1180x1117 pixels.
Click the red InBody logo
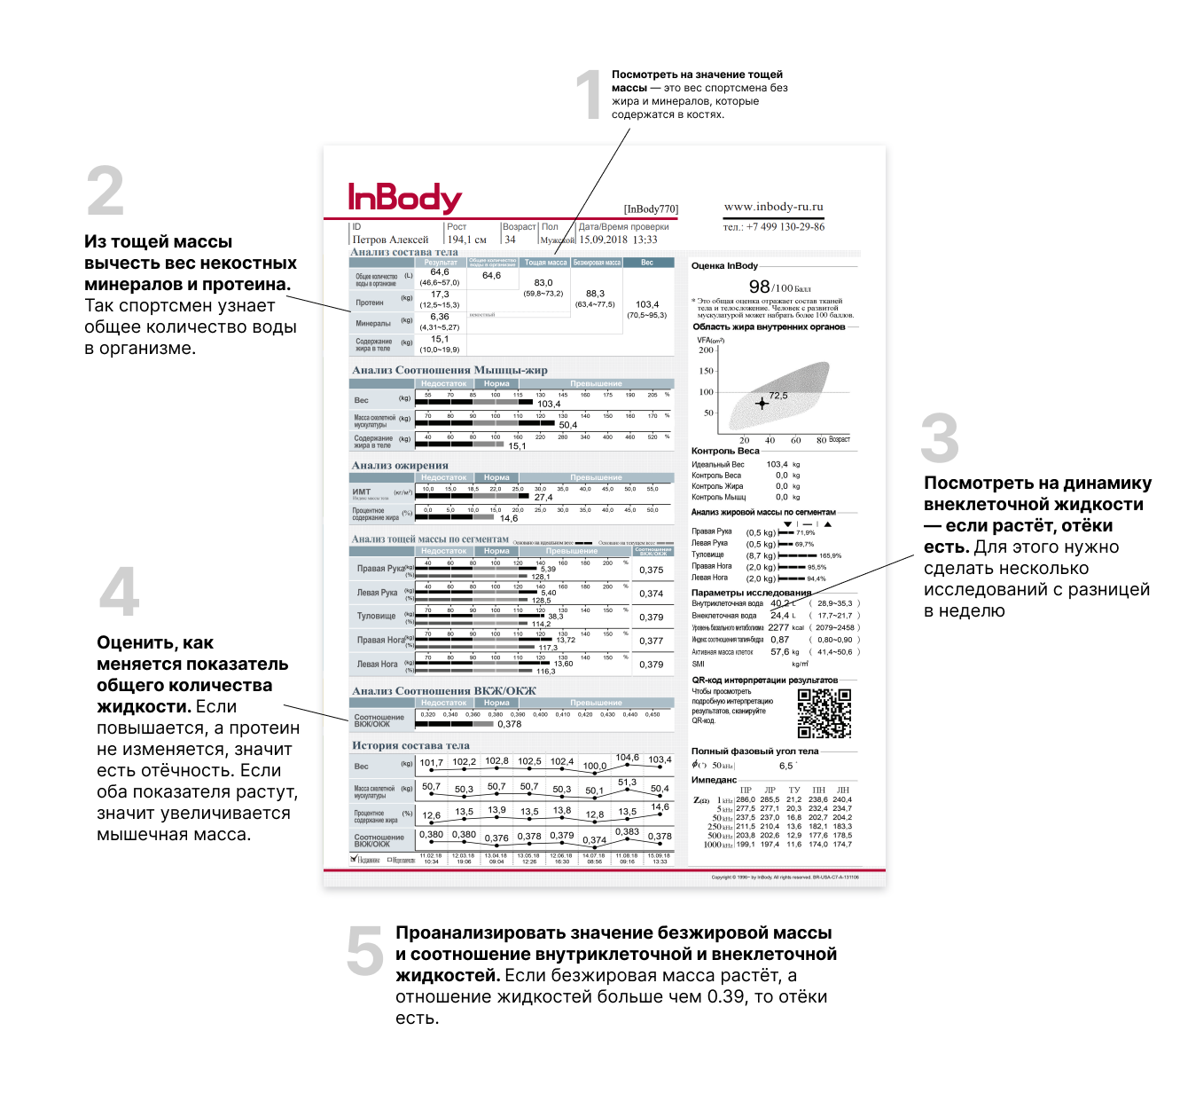(x=404, y=198)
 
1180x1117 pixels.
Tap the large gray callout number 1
(x=589, y=95)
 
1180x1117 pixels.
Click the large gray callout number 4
(x=120, y=592)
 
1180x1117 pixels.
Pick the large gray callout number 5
(x=364, y=950)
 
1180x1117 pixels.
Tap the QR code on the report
(x=824, y=713)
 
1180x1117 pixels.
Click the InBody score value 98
(x=759, y=287)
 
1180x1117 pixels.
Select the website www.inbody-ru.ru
(x=773, y=207)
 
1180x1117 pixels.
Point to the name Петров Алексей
(x=390, y=240)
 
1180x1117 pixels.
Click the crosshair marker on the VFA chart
(x=762, y=404)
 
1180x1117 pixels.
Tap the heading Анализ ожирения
(x=400, y=465)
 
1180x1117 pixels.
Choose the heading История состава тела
(x=410, y=745)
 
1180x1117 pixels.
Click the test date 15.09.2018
(x=603, y=240)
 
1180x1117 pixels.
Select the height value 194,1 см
(x=466, y=240)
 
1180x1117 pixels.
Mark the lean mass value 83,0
(x=543, y=282)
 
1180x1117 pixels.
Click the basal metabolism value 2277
(x=778, y=627)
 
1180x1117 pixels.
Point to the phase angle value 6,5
(x=785, y=766)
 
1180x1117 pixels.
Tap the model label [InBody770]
(x=651, y=209)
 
